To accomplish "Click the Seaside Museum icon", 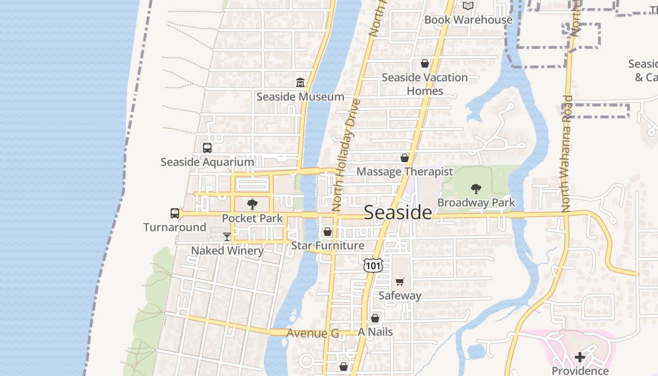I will [300, 83].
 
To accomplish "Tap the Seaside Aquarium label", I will [207, 162].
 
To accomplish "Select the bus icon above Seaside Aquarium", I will [207, 148].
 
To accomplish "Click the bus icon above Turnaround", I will [175, 213].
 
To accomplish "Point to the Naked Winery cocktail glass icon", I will [227, 236].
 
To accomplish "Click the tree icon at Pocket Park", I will [252, 204].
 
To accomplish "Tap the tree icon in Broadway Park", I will [476, 189].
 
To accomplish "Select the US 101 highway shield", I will [373, 266].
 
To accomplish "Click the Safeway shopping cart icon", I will [399, 282].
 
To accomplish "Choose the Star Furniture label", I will [328, 246].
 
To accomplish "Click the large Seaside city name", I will [398, 212].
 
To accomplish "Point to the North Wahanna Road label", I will [567, 153].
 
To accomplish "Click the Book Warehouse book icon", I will [468, 6].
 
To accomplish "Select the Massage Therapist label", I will [404, 172].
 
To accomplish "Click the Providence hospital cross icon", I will [580, 357].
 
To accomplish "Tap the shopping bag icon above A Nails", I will [375, 318].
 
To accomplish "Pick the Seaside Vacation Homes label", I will [424, 84].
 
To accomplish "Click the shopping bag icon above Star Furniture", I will [328, 232].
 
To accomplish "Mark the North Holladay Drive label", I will [345, 155].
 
